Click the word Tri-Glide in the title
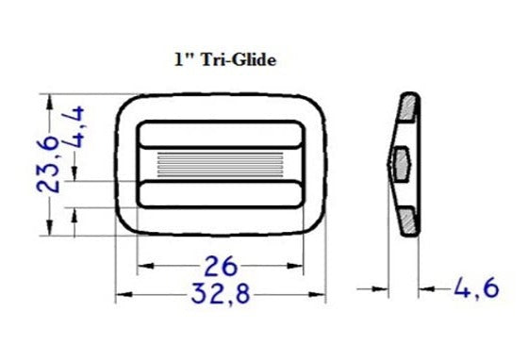241,58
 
